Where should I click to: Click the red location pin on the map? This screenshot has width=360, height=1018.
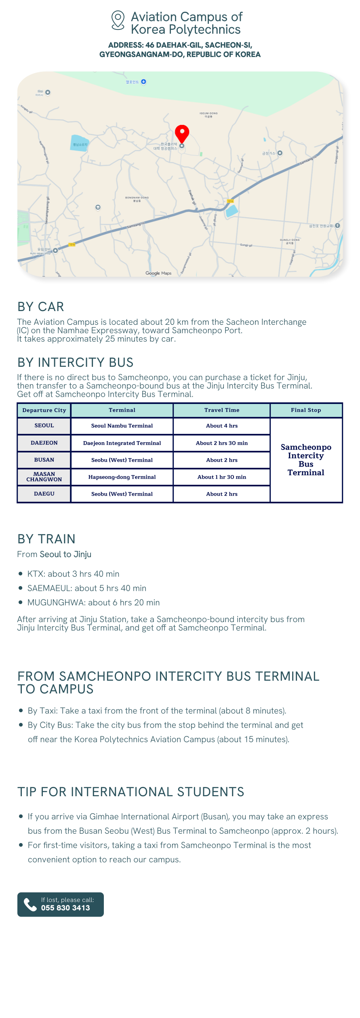click(182, 133)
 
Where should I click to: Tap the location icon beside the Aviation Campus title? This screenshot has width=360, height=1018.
click(118, 20)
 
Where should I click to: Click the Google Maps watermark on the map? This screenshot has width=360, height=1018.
click(158, 273)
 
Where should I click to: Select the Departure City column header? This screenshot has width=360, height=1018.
click(44, 410)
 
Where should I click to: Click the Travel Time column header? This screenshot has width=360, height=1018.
click(222, 410)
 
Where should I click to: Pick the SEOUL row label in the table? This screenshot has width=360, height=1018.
click(44, 426)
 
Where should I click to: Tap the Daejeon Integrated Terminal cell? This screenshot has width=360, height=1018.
click(122, 443)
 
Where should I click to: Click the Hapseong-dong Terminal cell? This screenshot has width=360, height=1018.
click(122, 477)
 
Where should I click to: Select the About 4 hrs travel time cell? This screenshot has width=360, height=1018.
click(222, 426)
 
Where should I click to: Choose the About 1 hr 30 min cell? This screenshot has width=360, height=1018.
click(222, 477)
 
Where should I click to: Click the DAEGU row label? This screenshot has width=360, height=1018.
click(44, 494)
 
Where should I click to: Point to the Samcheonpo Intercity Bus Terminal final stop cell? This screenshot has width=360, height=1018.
click(306, 460)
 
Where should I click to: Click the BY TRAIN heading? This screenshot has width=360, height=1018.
click(46, 539)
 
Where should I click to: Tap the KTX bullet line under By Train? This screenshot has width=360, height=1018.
click(73, 574)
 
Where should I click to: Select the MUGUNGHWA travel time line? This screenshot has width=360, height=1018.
click(93, 603)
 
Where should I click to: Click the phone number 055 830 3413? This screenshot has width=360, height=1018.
click(65, 908)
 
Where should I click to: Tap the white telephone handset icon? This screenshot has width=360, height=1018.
click(30, 904)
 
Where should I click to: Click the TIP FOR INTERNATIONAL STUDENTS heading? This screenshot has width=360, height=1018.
click(131, 792)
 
